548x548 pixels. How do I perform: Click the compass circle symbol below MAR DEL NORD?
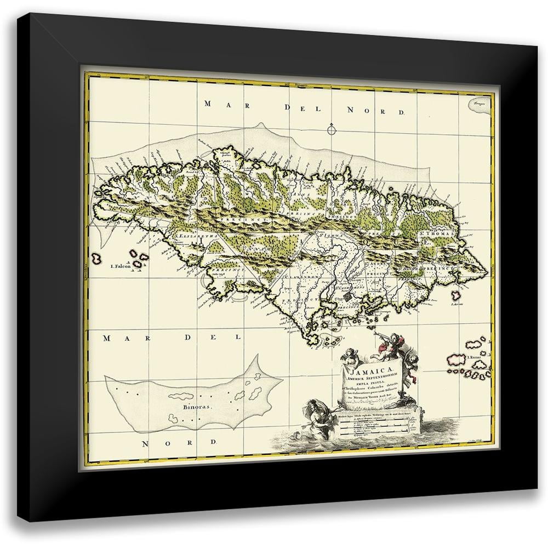point(330,130)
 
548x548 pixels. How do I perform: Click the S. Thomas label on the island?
point(436,238)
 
